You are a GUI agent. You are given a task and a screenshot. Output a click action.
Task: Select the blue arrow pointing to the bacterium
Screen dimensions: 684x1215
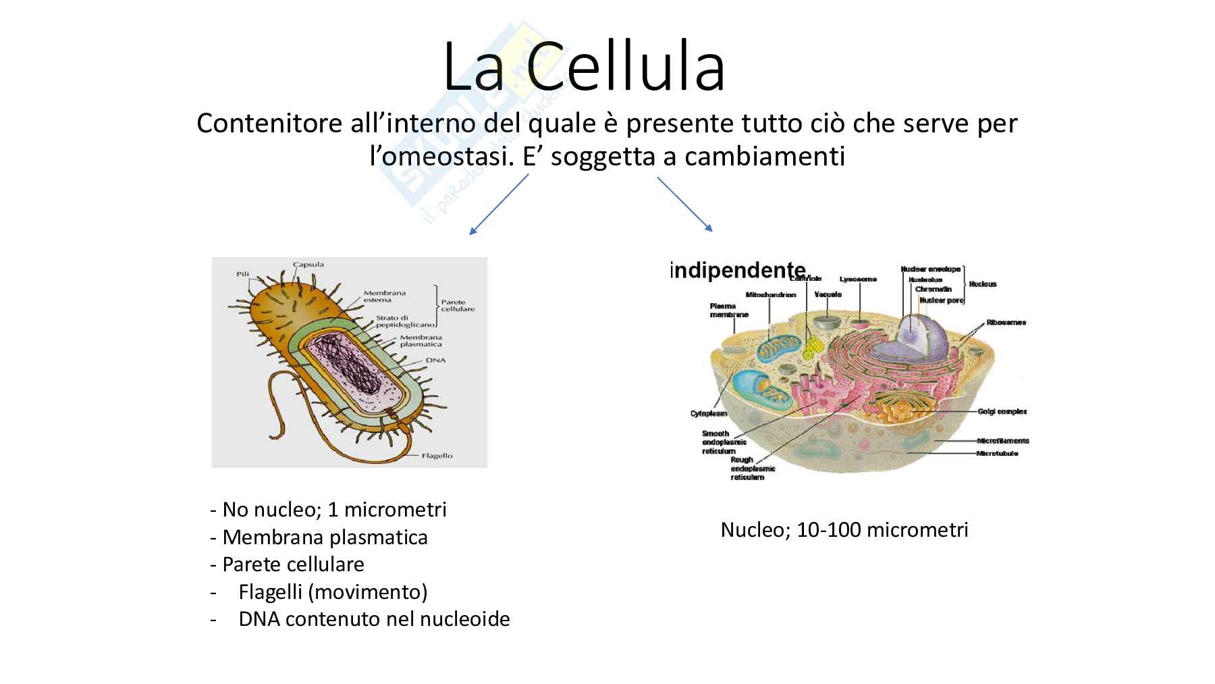(499, 204)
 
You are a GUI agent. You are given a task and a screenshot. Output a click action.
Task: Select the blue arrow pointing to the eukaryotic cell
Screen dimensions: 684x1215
(684, 204)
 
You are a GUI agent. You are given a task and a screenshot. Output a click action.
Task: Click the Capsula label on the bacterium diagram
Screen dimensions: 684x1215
(308, 264)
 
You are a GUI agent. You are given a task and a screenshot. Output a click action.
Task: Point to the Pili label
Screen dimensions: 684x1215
(243, 274)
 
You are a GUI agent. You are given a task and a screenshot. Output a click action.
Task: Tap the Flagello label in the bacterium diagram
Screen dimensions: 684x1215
(437, 456)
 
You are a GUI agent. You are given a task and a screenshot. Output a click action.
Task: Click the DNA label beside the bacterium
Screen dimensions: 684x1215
(435, 361)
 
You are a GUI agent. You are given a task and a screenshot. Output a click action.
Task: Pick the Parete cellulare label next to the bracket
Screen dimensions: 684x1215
(458, 305)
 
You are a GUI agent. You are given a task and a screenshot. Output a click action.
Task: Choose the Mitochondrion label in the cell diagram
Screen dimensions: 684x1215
(771, 294)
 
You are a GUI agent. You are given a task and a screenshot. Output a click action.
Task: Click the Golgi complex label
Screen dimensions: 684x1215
(1002, 411)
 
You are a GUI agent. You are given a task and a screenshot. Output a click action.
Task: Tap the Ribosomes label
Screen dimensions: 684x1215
(1006, 322)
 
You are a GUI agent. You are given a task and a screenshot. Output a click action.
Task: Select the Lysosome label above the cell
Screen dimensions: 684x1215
(858, 279)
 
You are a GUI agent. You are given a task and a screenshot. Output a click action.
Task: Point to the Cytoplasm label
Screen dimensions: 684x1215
(708, 413)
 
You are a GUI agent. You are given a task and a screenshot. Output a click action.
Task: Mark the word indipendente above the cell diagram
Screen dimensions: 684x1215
(738, 270)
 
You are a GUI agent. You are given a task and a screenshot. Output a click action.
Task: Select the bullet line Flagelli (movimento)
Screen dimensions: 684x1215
(333, 592)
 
